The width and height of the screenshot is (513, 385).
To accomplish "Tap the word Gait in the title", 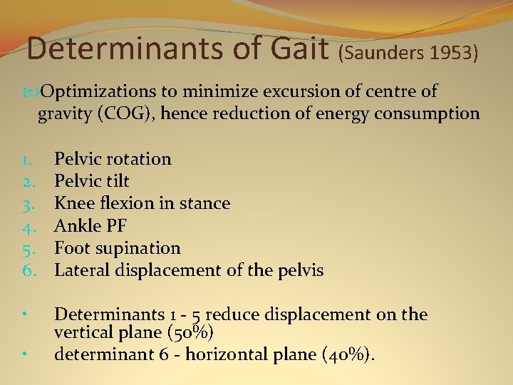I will click(304, 48).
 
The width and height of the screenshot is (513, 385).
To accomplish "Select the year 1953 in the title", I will click(450, 54).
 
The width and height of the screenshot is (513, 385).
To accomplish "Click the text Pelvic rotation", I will click(113, 159).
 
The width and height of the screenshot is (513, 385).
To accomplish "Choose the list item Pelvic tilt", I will click(92, 181).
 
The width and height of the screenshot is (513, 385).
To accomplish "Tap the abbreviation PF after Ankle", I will click(115, 225).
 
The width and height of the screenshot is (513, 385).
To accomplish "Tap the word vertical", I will click(81, 332).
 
